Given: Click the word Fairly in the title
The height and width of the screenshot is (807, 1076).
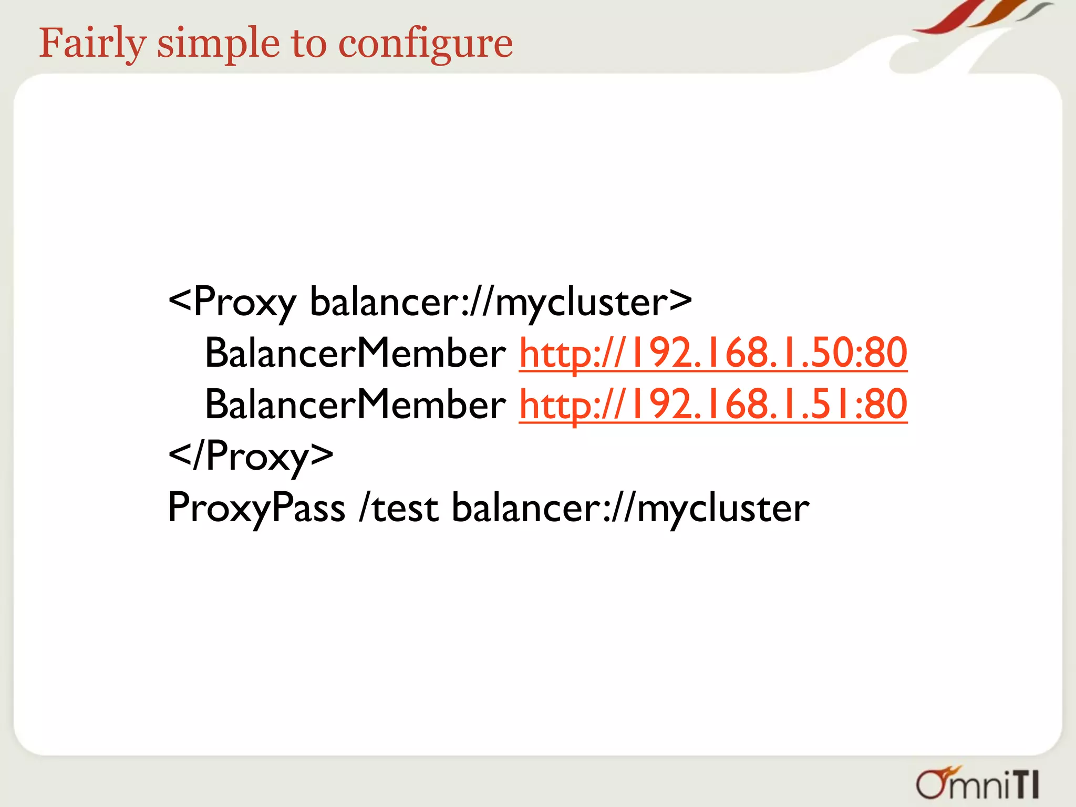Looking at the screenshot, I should coord(92,44).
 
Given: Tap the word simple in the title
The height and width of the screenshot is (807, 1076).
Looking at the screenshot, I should coord(218,44).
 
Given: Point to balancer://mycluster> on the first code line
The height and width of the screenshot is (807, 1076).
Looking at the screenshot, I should coord(501,303).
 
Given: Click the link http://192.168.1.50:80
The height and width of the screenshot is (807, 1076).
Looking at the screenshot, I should coord(713,353).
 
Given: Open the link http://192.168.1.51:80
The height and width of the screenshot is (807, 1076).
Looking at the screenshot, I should coord(713,405).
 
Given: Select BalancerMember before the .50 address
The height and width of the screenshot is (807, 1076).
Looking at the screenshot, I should coord(355,353).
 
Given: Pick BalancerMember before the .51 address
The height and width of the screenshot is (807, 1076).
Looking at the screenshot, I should coord(355,405).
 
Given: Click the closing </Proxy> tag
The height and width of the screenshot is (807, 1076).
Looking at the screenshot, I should coord(251,456).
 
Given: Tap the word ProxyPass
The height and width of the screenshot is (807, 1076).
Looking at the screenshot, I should coord(256,508).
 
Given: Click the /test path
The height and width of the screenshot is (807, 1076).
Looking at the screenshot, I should coord(399,508).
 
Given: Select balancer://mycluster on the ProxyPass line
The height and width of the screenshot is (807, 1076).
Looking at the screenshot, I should coord(630,508).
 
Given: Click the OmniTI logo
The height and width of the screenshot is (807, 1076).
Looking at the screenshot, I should coord(978,784).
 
